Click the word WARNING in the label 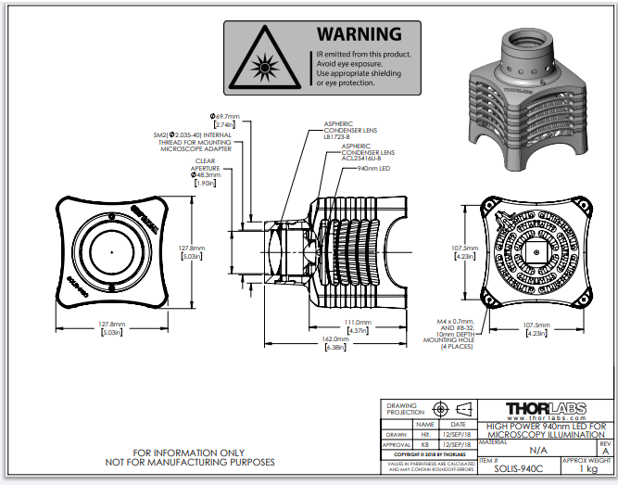coord(359,34)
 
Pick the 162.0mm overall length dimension coord(335,341)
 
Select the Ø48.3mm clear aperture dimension coord(206,177)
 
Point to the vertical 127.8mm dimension coord(191,252)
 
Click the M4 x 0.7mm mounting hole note coord(453,332)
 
